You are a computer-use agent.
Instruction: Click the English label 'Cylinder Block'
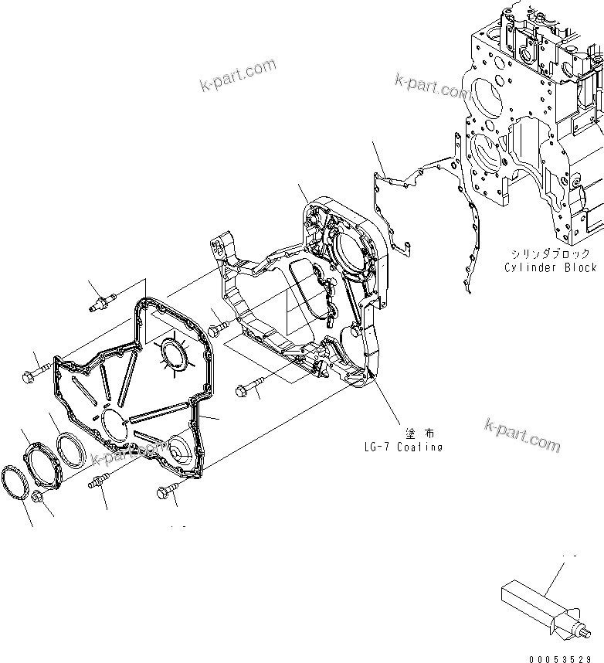pos(550,267)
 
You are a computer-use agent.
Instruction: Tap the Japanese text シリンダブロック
pos(550,253)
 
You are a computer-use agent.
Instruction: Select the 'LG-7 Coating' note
pos(403,447)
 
